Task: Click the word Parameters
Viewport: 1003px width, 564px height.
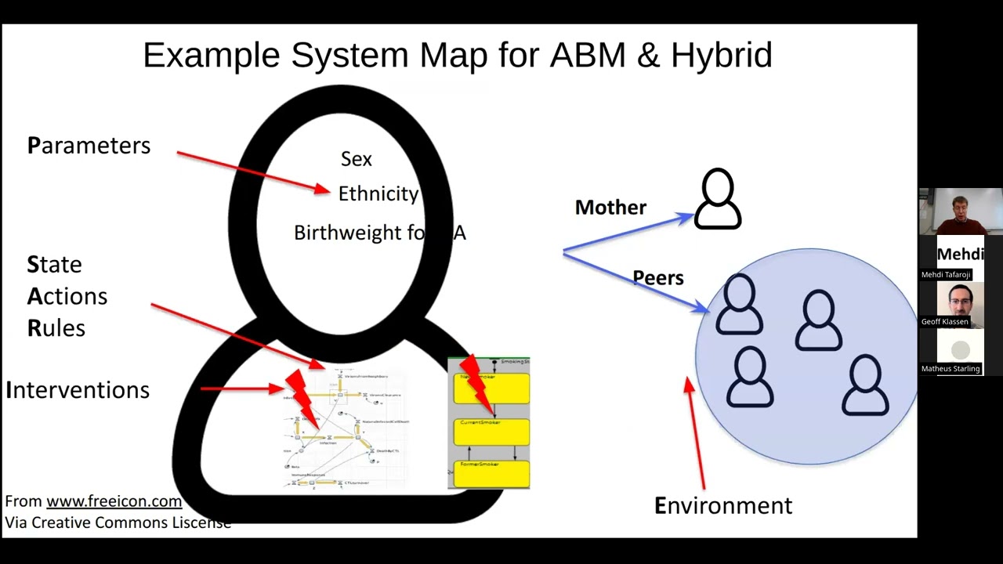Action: tap(89, 146)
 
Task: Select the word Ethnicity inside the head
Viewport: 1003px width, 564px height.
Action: tap(378, 194)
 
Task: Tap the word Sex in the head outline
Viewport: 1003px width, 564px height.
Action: tap(357, 159)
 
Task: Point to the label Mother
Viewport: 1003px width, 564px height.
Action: tap(610, 208)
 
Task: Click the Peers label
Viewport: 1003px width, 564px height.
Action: tap(658, 278)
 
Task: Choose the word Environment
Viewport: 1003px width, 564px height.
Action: tap(723, 506)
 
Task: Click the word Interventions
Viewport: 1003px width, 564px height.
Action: tap(78, 390)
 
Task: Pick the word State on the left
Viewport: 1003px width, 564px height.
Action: tap(54, 265)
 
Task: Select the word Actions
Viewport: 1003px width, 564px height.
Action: tap(67, 297)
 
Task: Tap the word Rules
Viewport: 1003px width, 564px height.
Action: tap(56, 328)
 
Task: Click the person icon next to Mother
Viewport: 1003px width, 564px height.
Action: tap(718, 199)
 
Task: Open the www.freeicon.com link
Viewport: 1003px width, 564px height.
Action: tap(114, 501)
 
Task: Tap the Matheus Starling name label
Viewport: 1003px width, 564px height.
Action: tap(950, 368)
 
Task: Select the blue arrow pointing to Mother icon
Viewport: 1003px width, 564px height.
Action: tap(627, 234)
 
